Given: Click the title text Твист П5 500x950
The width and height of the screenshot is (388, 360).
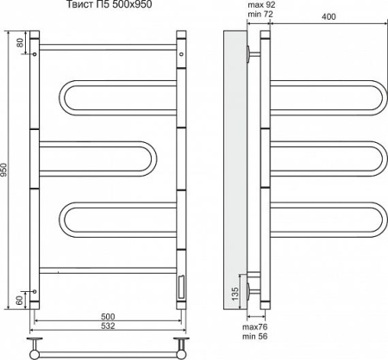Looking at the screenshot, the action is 110,4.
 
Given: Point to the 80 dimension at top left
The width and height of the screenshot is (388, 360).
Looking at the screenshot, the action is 20,42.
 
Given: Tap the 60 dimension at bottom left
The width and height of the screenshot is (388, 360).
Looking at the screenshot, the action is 20,301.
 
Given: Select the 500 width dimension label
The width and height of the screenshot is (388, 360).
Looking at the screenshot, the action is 108,317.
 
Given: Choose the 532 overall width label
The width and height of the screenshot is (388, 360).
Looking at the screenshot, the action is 108,326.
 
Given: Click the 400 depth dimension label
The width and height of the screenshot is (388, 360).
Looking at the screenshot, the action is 329,16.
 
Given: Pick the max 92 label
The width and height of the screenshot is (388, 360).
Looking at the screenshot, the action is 261,5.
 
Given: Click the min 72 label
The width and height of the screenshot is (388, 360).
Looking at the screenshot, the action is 260,14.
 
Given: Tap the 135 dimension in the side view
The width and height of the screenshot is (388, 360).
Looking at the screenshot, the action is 235,294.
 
